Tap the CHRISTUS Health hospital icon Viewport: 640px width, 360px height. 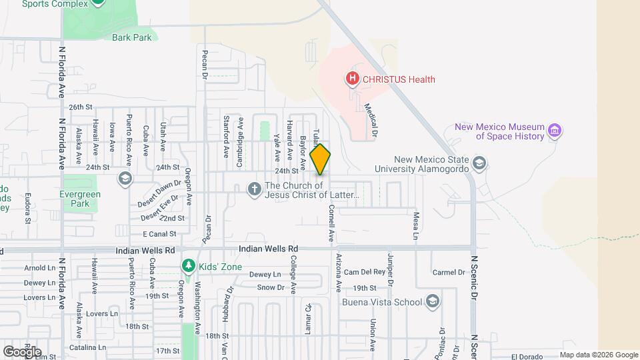352,79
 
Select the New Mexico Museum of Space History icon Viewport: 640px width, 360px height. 555,130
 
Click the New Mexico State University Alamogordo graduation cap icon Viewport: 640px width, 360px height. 479,163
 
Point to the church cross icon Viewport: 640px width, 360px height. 254,190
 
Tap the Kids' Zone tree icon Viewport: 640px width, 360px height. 189,267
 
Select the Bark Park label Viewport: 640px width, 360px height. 132,38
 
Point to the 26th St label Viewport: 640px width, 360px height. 79,107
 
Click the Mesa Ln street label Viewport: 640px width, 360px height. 415,226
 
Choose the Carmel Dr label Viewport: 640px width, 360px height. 448,272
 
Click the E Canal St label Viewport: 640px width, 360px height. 159,234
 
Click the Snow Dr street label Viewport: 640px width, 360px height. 271,287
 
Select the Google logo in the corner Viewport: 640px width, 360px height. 22,352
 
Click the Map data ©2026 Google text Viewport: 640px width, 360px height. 598,355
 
